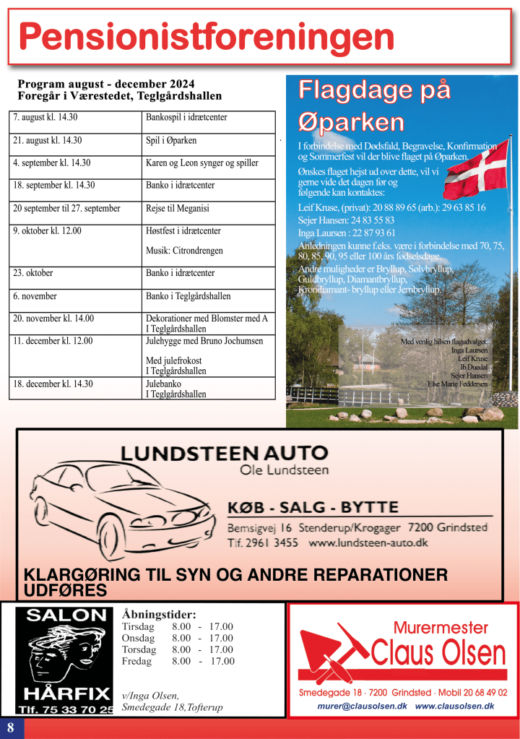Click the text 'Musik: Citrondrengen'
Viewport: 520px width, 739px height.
point(184,251)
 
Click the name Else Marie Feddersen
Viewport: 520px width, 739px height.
point(457,384)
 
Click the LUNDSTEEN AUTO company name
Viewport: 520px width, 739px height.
point(224,453)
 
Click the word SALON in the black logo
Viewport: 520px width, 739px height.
point(66,615)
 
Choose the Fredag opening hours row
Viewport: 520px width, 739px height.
point(178,661)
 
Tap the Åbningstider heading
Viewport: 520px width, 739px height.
point(159,614)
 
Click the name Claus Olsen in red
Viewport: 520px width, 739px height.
point(438,653)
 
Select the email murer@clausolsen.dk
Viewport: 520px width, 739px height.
point(363,706)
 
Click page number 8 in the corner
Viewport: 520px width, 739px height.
point(11,727)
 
